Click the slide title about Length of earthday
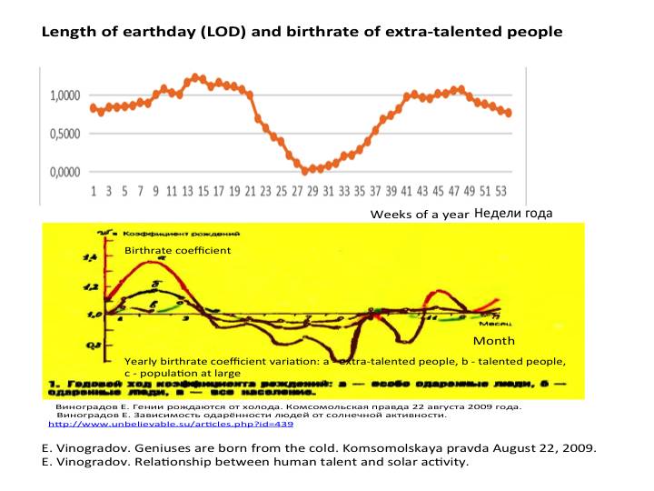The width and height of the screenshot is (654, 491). pyautogui.click(x=302, y=32)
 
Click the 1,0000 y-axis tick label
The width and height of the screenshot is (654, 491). pyautogui.click(x=64, y=95)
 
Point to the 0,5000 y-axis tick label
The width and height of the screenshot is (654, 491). pyautogui.click(x=64, y=134)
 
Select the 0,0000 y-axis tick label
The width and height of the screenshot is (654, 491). pyautogui.click(x=64, y=172)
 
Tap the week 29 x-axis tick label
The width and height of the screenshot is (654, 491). pyautogui.click(x=312, y=193)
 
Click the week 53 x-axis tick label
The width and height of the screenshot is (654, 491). pyautogui.click(x=500, y=193)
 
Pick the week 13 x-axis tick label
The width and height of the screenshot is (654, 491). pyautogui.click(x=187, y=193)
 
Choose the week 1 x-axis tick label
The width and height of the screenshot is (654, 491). pyautogui.click(x=94, y=193)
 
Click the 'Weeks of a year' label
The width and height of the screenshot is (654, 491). pyautogui.click(x=419, y=215)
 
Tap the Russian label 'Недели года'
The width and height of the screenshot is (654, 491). pyautogui.click(x=513, y=214)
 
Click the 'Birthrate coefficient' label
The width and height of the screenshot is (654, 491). pyautogui.click(x=178, y=250)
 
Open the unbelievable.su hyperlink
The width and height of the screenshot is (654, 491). pyautogui.click(x=170, y=424)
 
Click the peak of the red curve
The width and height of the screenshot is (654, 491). pyautogui.click(x=154, y=263)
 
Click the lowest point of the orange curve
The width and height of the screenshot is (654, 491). pyautogui.click(x=305, y=171)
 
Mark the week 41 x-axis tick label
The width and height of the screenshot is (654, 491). pyautogui.click(x=406, y=193)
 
